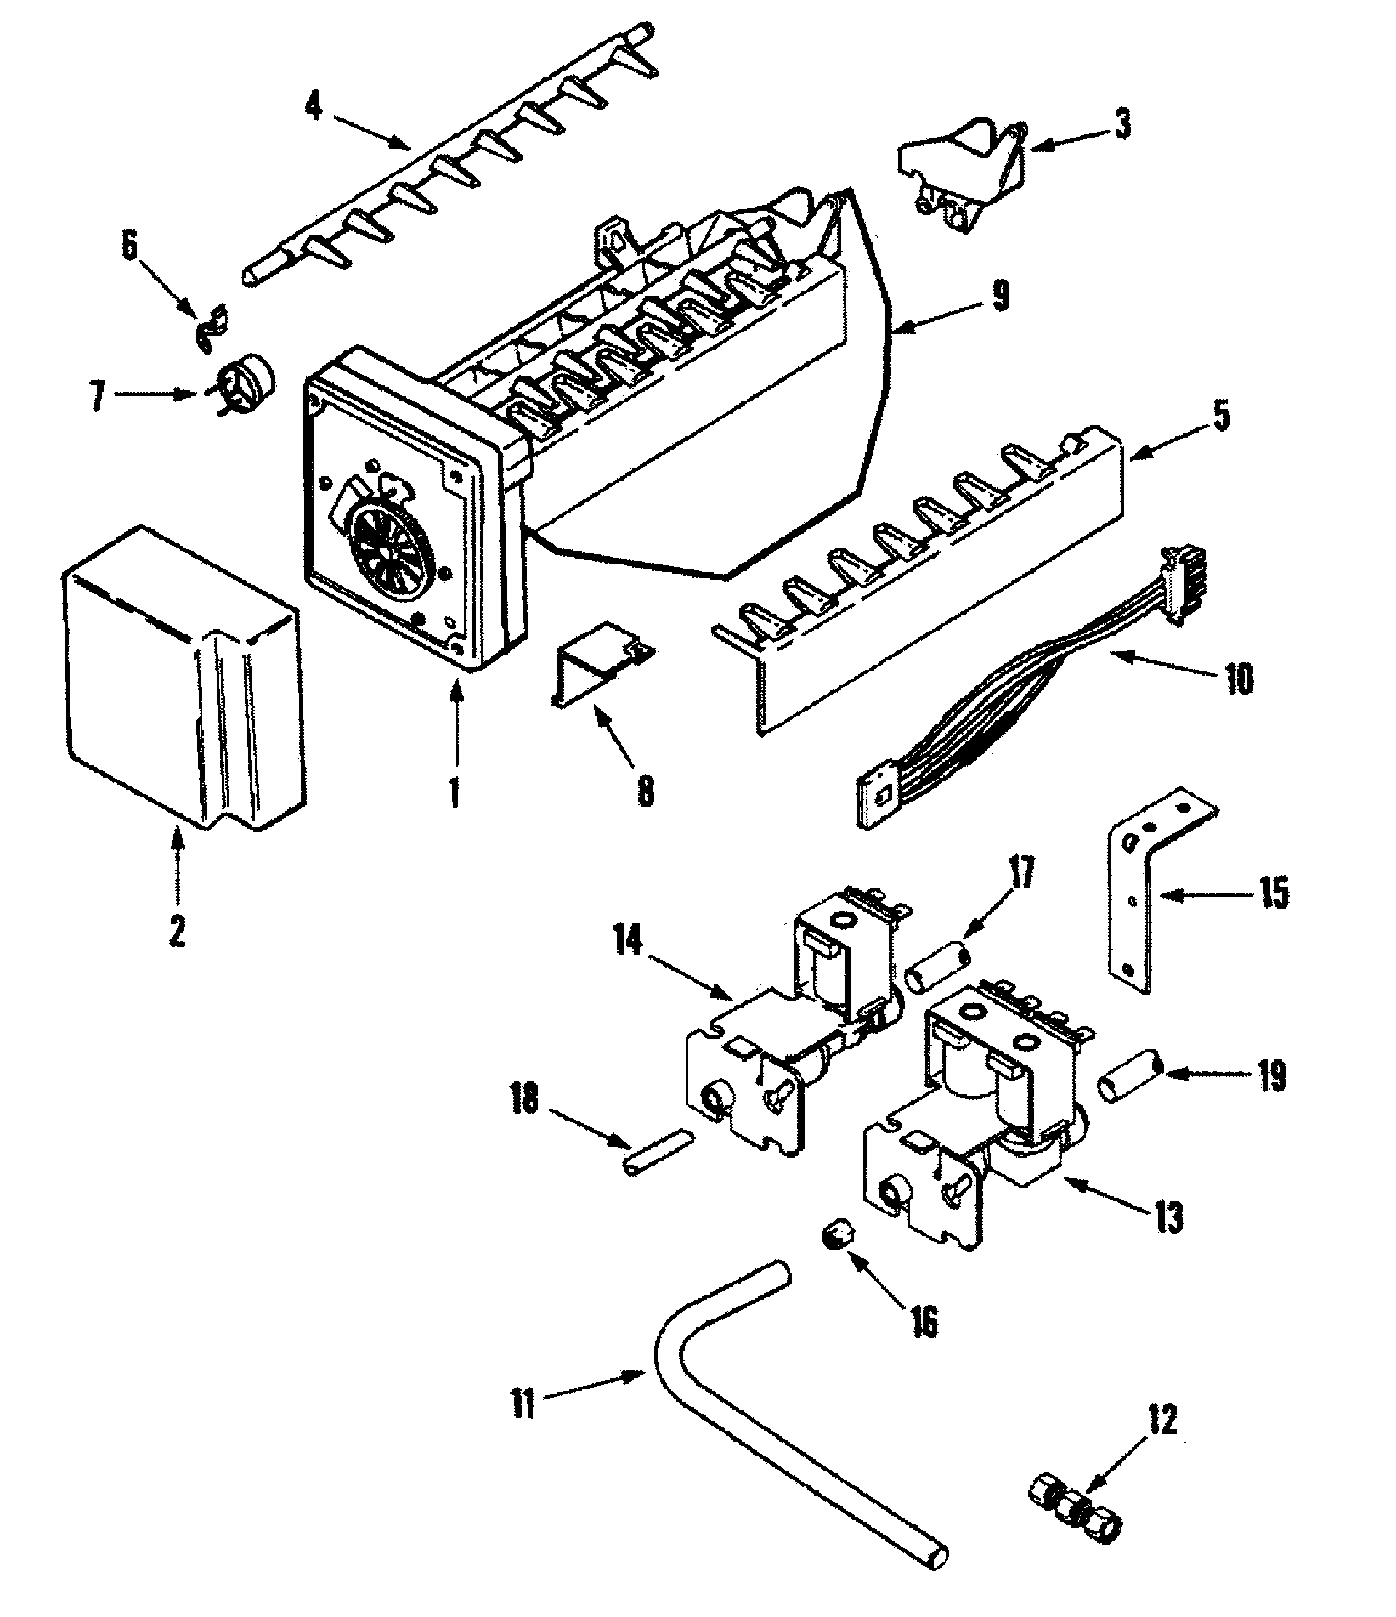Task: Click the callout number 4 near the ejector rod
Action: pyautogui.click(x=314, y=105)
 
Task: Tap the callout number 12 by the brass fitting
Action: pyautogui.click(x=1162, y=1420)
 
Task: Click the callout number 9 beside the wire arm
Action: pyautogui.click(x=1000, y=297)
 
